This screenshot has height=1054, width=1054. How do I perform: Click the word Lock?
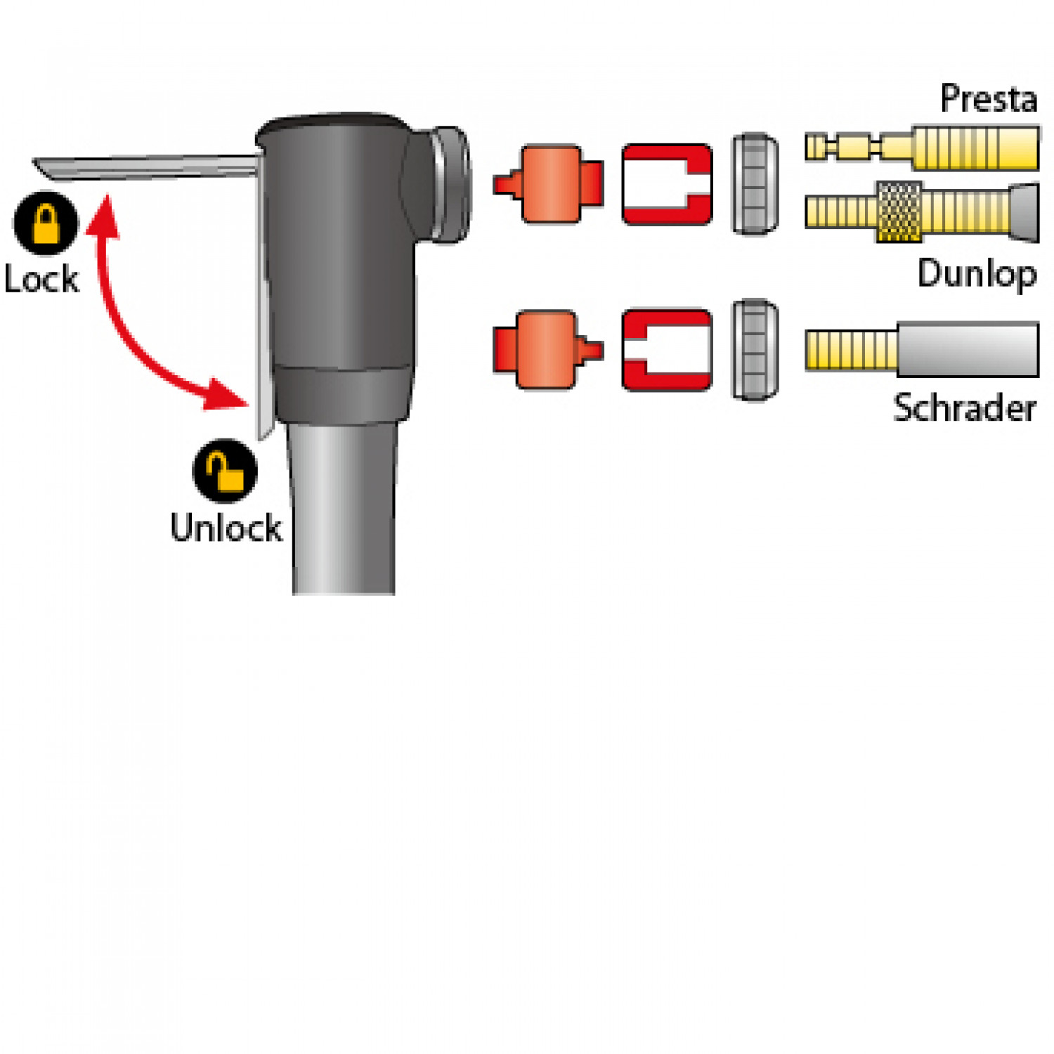pos(41,279)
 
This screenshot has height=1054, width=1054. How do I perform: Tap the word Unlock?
pos(226,528)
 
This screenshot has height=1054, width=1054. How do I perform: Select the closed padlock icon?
pos(46,223)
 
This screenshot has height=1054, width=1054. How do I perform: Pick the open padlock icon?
pos(225,471)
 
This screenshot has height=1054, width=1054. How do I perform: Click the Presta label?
pos(989,98)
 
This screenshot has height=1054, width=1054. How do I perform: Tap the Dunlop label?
pos(977,273)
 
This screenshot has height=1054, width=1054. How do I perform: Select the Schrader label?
pos(965,408)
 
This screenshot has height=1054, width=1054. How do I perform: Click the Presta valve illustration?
pos(922,148)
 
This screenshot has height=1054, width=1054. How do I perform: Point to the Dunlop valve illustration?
pos(922,212)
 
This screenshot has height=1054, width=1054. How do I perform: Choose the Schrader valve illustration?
pos(922,349)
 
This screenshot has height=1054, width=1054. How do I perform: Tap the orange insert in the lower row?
pos(548,349)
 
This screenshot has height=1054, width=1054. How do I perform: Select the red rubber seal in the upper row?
pos(666,184)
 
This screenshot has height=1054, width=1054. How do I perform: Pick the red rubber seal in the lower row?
pos(666,349)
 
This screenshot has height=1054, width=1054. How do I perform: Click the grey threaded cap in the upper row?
pos(755,184)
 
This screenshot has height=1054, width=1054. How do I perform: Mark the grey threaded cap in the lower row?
pos(755,350)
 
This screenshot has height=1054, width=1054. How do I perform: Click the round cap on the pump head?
pos(450,184)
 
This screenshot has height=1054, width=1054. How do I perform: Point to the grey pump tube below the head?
pos(343,509)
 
